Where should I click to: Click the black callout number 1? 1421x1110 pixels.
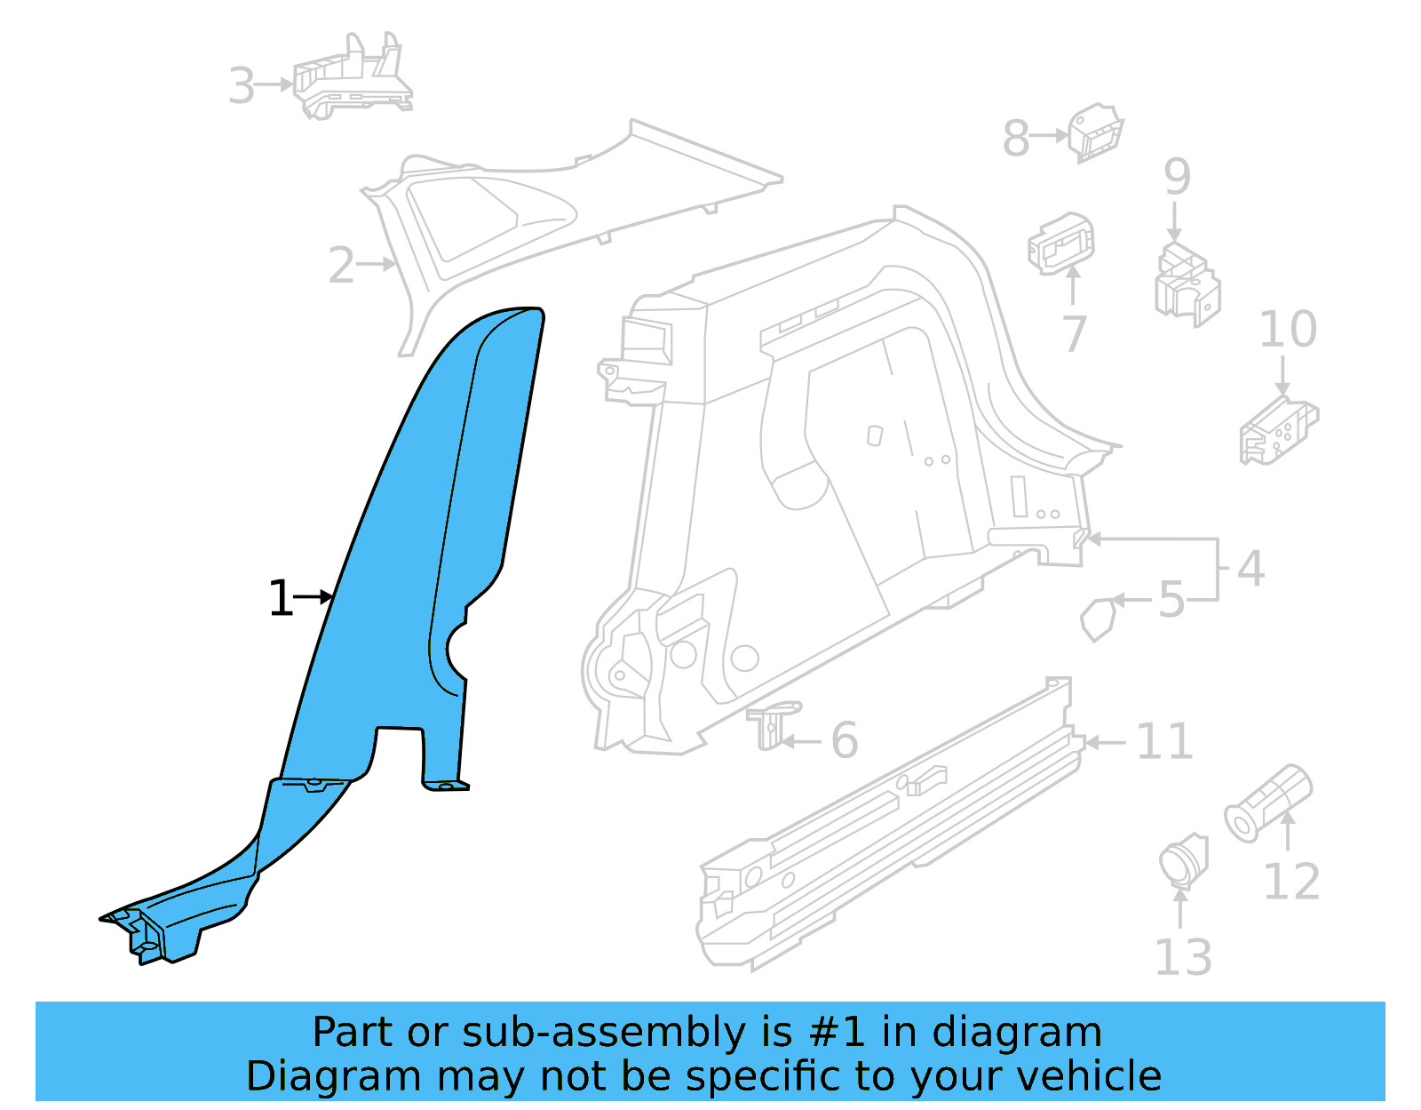pos(281,598)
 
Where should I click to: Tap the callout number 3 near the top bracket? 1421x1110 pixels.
pos(242,86)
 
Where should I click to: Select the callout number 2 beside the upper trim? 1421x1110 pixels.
pos(341,266)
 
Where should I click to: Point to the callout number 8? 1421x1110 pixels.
pos(1016,139)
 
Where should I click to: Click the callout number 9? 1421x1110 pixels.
pos(1177,177)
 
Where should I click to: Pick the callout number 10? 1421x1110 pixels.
pos(1288,330)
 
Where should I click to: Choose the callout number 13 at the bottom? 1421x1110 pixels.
pos(1182,957)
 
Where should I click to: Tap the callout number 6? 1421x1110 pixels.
pos(845,740)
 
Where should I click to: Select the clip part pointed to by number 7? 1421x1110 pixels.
pos(1060,242)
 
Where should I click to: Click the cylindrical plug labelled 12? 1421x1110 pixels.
pos(1268,803)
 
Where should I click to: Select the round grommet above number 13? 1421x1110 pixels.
pos(1183,860)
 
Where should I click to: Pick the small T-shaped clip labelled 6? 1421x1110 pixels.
pos(772,723)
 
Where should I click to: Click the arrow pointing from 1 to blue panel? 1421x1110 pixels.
pos(314,597)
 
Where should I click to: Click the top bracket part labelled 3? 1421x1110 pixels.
pos(353,80)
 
